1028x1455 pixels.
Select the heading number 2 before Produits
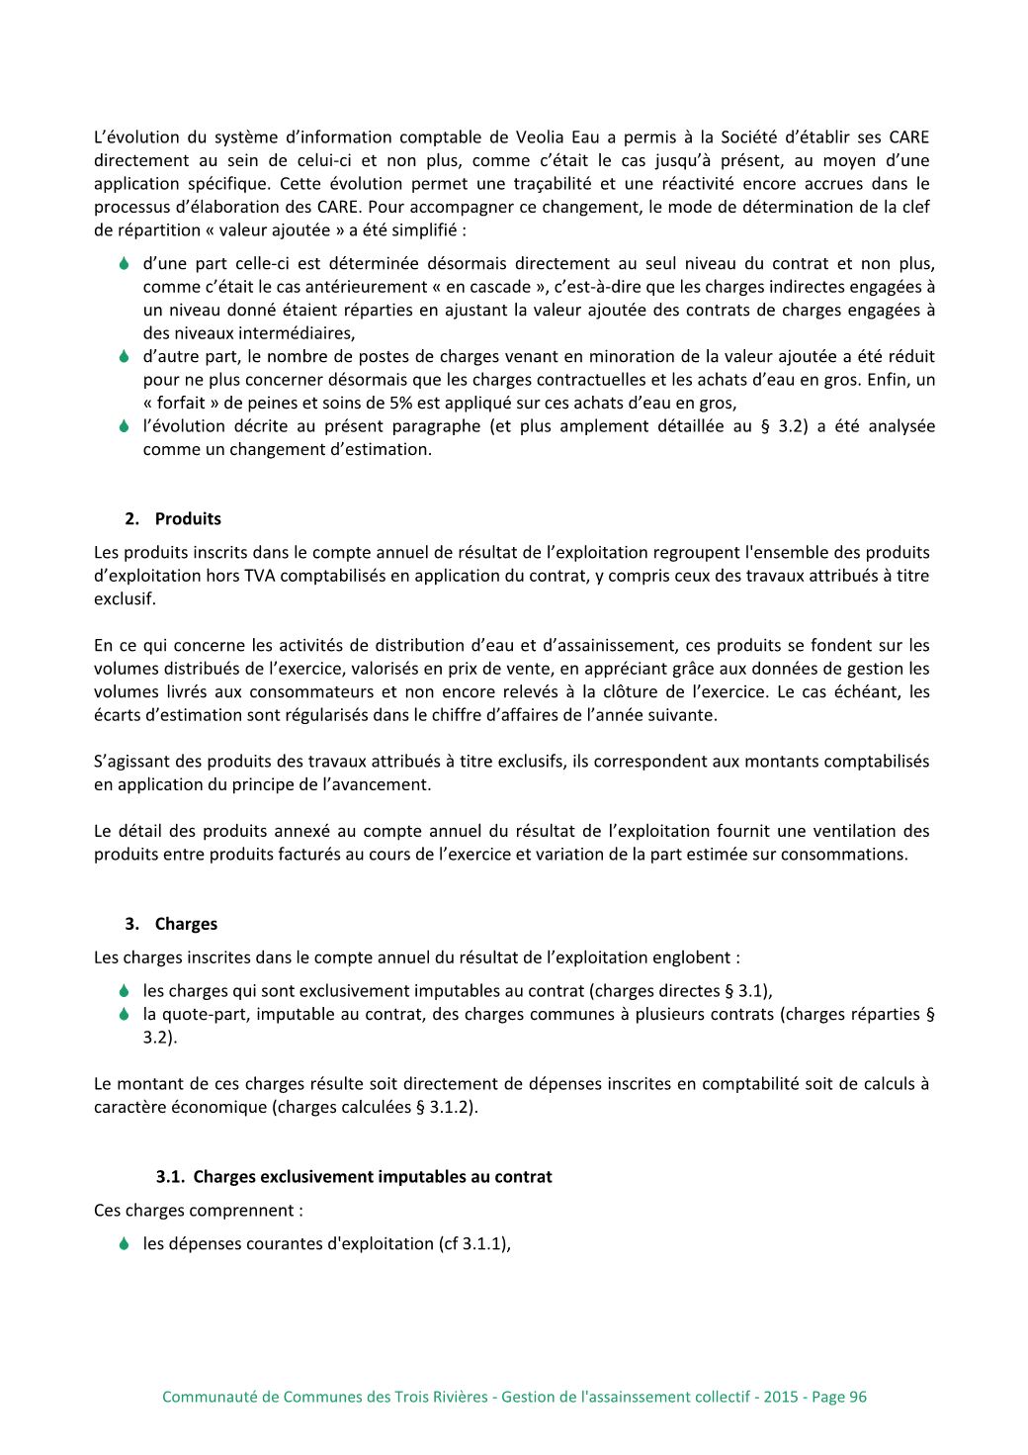(131, 519)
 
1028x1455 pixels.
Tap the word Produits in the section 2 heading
(188, 519)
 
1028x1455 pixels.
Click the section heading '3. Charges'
(171, 924)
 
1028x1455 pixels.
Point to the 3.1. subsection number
(170, 1177)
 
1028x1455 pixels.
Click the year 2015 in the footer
(780, 1397)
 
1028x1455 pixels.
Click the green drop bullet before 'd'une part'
(124, 264)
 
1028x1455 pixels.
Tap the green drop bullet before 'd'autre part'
(124, 357)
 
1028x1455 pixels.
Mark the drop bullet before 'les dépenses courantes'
(124, 1244)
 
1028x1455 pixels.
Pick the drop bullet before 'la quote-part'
(124, 1015)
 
